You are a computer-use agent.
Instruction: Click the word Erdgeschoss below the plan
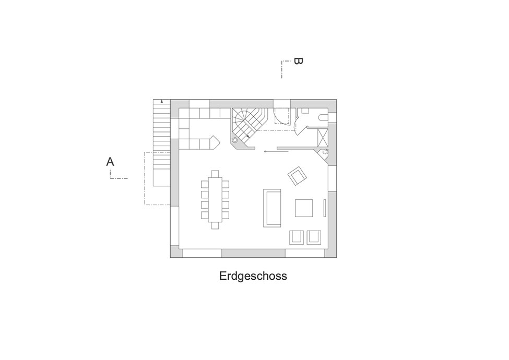[x=253, y=276]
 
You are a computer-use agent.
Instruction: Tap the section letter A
[x=110, y=162]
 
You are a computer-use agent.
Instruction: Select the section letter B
[x=298, y=61]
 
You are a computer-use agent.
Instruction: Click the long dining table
[x=215, y=199]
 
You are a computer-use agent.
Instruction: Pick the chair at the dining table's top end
[x=215, y=174]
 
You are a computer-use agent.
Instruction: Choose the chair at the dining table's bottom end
[x=215, y=225]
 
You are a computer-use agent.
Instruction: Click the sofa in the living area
[x=272, y=208]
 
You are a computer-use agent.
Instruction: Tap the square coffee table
[x=304, y=208]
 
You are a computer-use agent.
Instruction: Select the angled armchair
[x=298, y=176]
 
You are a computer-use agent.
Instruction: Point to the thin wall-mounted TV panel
[x=324, y=208]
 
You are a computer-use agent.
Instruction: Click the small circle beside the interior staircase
[x=235, y=140]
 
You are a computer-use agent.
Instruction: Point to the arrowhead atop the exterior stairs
[x=162, y=102]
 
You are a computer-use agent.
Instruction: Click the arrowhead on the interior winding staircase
[x=248, y=137]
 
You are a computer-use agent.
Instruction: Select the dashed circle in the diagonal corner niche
[x=324, y=152]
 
